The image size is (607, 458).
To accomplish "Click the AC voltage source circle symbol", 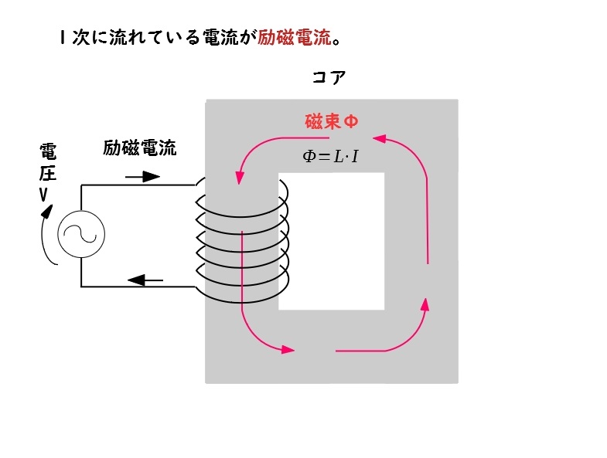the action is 81,234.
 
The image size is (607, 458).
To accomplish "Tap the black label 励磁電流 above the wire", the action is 140,148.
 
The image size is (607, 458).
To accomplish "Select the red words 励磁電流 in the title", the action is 294,38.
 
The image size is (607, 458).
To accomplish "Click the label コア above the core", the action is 329,77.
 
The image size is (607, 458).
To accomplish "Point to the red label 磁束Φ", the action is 332,121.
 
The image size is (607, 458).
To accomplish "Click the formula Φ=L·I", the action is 330,156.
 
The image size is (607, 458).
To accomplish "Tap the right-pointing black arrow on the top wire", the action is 142,177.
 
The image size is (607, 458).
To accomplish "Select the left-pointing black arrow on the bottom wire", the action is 145,280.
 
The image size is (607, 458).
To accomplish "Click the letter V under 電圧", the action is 43,195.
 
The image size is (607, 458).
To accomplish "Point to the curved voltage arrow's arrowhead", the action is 48,211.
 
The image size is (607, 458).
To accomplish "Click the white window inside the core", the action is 332,242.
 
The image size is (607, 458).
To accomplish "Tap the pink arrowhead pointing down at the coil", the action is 240,178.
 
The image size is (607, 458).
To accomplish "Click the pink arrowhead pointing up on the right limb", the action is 425,304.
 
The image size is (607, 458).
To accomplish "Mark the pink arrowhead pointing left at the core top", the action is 380,138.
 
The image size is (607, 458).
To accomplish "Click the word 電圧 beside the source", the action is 48,162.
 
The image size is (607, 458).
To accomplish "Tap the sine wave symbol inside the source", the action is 80,234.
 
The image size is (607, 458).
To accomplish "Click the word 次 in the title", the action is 80,38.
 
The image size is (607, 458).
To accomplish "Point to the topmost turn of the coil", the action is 242,198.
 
